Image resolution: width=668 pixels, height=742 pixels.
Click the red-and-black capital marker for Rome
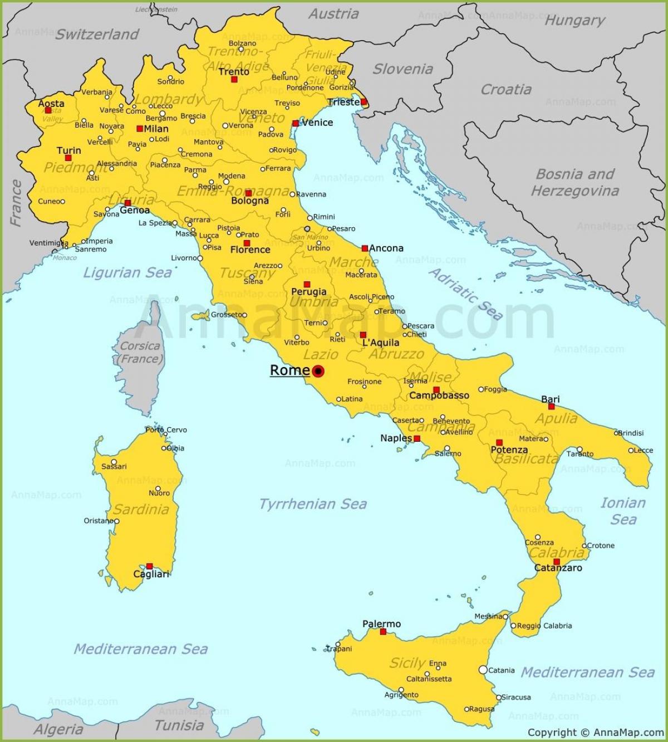pyautogui.click(x=318, y=371)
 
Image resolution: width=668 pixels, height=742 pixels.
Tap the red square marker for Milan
pyautogui.click(x=140, y=129)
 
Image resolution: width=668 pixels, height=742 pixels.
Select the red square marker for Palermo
pyautogui.click(x=383, y=632)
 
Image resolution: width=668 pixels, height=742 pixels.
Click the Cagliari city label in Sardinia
pyautogui.click(x=151, y=574)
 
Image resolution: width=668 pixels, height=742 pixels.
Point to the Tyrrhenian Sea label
pyautogui.click(x=313, y=504)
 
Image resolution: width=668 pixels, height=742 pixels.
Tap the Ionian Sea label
pyautogui.click(x=623, y=511)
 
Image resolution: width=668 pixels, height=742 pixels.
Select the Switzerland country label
pyautogui.click(x=97, y=35)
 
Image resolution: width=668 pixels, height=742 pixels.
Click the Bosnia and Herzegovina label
pyautogui.click(x=574, y=183)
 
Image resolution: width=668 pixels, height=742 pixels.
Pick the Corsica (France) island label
pyautogui.click(x=140, y=353)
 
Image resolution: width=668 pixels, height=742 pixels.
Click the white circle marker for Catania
pyautogui.click(x=483, y=670)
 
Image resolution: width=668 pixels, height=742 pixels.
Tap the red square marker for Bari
pyautogui.click(x=551, y=407)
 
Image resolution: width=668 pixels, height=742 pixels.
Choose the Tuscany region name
pyautogui.click(x=247, y=273)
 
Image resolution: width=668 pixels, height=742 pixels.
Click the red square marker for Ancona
pyautogui.click(x=365, y=248)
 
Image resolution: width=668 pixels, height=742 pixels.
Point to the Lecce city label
pyautogui.click(x=644, y=450)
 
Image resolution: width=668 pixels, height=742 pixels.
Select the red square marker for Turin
pyautogui.click(x=68, y=158)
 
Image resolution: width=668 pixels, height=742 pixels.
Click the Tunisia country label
pyautogui.click(x=179, y=725)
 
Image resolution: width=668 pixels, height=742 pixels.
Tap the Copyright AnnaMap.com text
pyautogui.click(x=595, y=733)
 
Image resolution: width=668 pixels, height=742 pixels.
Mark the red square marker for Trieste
pyautogui.click(x=364, y=102)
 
